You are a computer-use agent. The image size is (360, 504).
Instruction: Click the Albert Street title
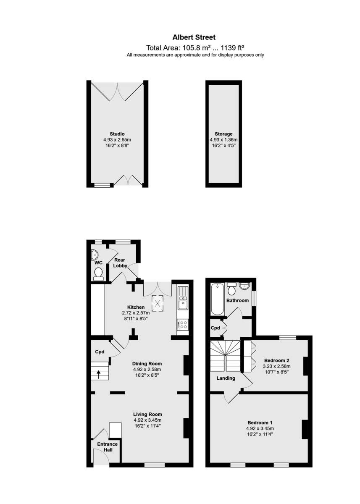click(194, 37)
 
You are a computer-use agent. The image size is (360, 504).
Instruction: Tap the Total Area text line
click(195, 48)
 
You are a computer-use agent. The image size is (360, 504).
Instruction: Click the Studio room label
click(117, 134)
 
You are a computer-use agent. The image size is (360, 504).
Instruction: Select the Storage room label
click(223, 134)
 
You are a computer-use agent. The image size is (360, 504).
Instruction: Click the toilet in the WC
click(98, 274)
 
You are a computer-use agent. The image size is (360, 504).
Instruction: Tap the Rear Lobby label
click(120, 263)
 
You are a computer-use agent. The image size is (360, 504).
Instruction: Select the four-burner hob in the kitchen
click(182, 324)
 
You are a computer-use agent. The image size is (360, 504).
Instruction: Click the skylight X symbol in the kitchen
click(158, 303)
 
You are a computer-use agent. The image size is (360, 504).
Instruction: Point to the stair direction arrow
click(99, 375)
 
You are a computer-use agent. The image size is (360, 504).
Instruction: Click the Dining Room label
click(147, 364)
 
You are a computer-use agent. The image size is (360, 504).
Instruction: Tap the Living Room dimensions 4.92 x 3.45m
click(147, 420)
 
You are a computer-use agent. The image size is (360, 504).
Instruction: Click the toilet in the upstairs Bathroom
click(231, 289)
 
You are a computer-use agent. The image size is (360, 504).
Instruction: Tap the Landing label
click(226, 378)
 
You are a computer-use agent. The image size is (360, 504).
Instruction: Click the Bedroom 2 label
click(276, 360)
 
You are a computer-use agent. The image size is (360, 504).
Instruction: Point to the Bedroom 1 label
click(260, 423)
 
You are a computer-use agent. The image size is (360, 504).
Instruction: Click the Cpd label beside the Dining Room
click(100, 352)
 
